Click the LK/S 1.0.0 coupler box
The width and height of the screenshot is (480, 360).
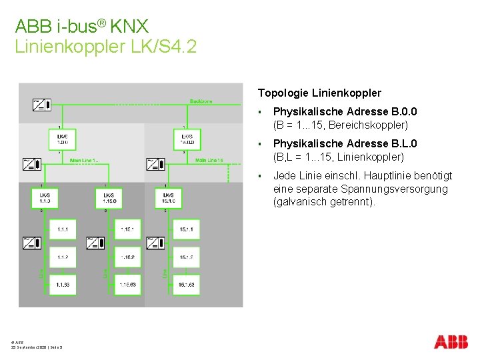coord(62,139)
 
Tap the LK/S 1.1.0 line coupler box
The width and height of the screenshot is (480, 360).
coord(45,198)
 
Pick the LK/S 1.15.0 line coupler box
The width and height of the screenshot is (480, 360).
coord(109,198)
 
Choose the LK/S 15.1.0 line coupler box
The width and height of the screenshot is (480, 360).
coord(167,198)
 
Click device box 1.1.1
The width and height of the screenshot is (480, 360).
coord(63,229)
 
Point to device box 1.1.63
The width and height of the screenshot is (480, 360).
coord(63,285)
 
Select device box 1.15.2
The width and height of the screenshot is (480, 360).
coord(127,257)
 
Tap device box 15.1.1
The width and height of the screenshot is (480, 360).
coord(186,229)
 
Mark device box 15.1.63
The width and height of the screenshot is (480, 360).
coord(186,285)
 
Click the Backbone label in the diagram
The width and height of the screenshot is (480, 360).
coord(201,101)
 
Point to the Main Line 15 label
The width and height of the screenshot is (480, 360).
coord(209,161)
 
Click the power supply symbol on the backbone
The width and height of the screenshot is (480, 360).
coord(41,104)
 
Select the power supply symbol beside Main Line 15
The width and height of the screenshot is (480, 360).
coord(155,163)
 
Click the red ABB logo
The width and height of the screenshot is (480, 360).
coord(451,342)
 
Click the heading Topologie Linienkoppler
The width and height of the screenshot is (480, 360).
coord(319,93)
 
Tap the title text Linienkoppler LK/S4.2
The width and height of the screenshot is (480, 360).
coord(105,47)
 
